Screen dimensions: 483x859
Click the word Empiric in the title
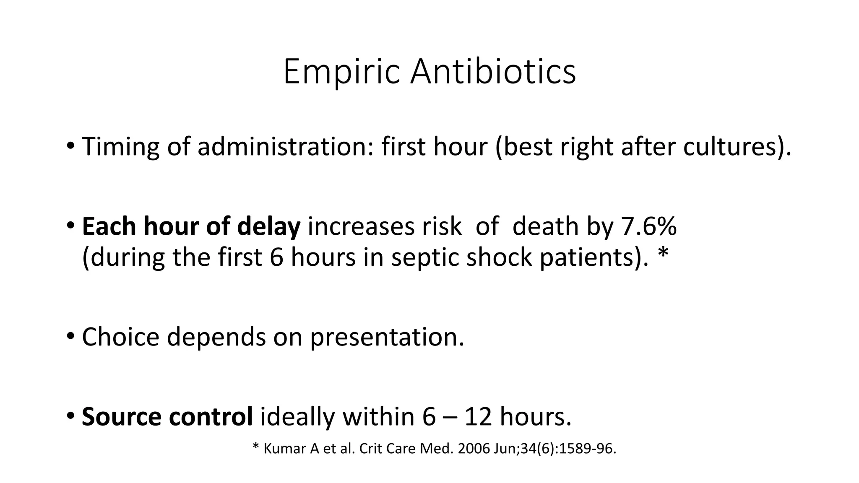pyautogui.click(x=341, y=72)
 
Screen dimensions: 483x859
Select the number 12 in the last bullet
pyautogui.click(x=478, y=417)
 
